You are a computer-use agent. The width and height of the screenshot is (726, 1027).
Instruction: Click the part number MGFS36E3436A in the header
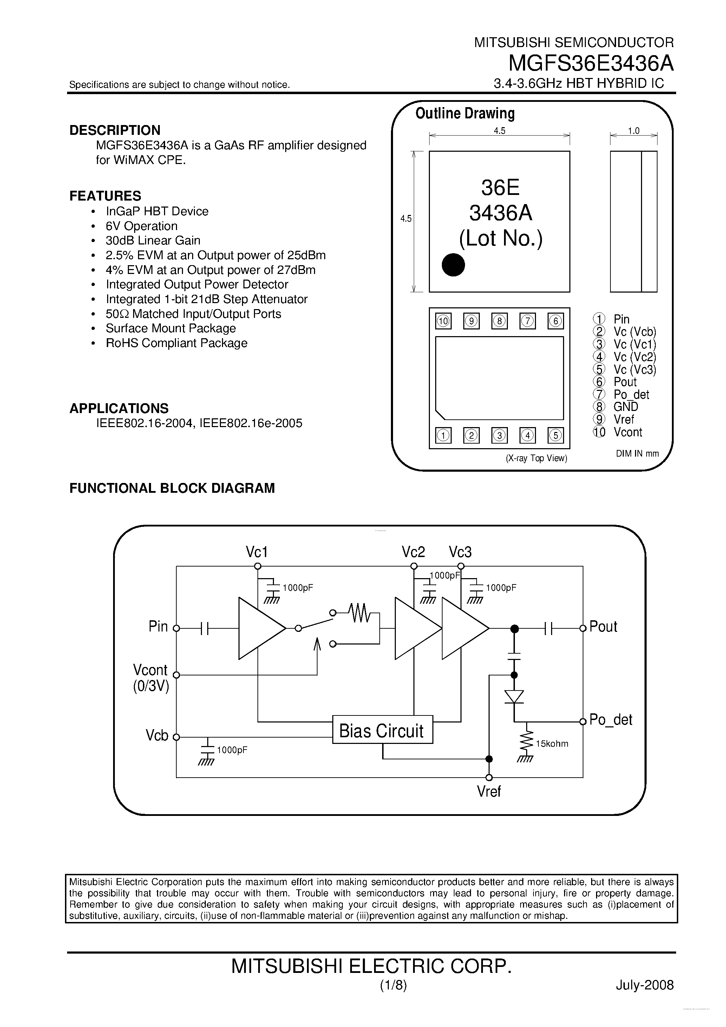[x=590, y=64]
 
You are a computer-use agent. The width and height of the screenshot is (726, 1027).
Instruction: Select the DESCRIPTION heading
[x=115, y=130]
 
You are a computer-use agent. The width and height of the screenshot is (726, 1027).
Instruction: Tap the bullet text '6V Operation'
[x=141, y=226]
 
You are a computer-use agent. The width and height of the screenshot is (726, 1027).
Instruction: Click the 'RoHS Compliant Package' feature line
[x=176, y=343]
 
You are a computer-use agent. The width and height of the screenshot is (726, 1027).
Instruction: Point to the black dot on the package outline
[x=453, y=265]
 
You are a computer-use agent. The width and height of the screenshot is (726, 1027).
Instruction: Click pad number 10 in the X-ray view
[x=443, y=321]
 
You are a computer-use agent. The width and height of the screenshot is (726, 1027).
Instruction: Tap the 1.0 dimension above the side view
[x=633, y=131]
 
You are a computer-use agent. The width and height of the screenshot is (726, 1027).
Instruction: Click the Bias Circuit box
[x=382, y=731]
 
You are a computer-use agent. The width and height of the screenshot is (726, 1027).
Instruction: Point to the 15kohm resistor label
[x=552, y=744]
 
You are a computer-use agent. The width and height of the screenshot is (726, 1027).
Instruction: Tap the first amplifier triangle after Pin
[x=260, y=628]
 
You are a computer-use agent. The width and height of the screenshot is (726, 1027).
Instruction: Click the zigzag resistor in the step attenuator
[x=360, y=613]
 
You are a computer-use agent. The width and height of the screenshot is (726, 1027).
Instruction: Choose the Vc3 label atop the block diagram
[x=460, y=552]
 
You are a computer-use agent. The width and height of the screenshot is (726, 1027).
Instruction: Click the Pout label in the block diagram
[x=603, y=627]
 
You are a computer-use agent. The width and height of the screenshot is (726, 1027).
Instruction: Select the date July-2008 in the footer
[x=644, y=985]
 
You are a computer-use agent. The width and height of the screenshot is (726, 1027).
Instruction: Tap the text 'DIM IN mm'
[x=637, y=453]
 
